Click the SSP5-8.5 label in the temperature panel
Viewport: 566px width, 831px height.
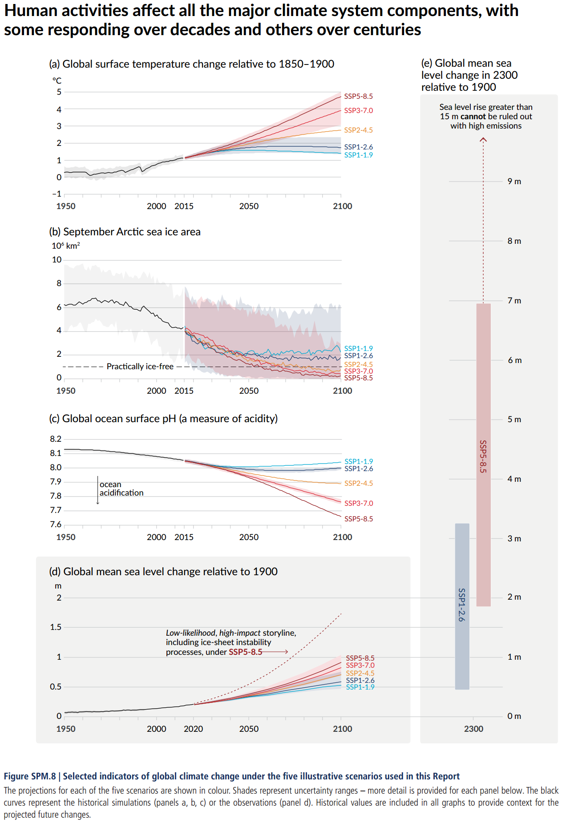[358, 96]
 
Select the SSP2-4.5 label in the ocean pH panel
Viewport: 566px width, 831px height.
[358, 483]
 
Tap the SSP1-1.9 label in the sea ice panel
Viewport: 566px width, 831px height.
[358, 348]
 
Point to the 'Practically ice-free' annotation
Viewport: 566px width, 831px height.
[140, 367]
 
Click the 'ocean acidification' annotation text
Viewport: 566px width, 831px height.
[121, 488]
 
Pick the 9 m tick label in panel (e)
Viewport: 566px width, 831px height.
[514, 182]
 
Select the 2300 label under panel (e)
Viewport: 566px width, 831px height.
[473, 729]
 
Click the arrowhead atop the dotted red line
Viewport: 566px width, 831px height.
[483, 140]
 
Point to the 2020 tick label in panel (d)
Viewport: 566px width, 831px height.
[193, 729]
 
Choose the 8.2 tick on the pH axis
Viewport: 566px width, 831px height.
[56, 439]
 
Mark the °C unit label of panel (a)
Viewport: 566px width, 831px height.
[57, 81]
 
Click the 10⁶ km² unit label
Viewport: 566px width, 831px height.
[66, 246]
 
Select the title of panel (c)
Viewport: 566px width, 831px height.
[163, 419]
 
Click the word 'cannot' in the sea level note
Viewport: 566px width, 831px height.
[473, 117]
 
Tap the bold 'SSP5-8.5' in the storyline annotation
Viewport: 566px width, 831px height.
[245, 652]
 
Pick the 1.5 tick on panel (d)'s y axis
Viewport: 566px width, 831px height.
[56, 627]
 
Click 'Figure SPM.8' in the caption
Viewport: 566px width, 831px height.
[30, 776]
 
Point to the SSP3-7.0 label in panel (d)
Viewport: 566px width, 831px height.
[360, 666]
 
